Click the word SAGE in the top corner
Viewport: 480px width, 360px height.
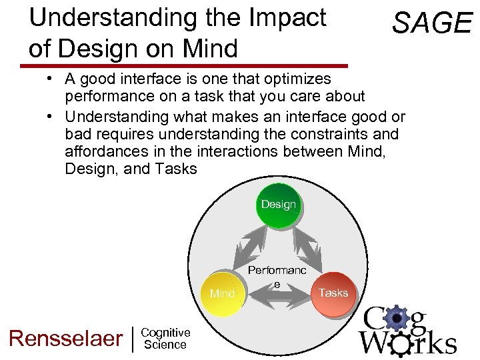click(431, 23)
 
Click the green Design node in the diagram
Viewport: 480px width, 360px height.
click(278, 205)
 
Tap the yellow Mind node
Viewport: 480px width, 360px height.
click(223, 293)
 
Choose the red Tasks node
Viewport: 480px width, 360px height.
click(333, 293)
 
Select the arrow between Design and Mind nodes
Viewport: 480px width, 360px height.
click(247, 247)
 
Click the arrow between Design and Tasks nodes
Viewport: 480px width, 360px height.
click(307, 247)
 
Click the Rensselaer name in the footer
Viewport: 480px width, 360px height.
click(65, 338)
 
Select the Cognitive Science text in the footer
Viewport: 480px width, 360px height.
click(166, 338)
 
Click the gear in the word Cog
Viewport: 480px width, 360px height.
click(397, 319)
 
